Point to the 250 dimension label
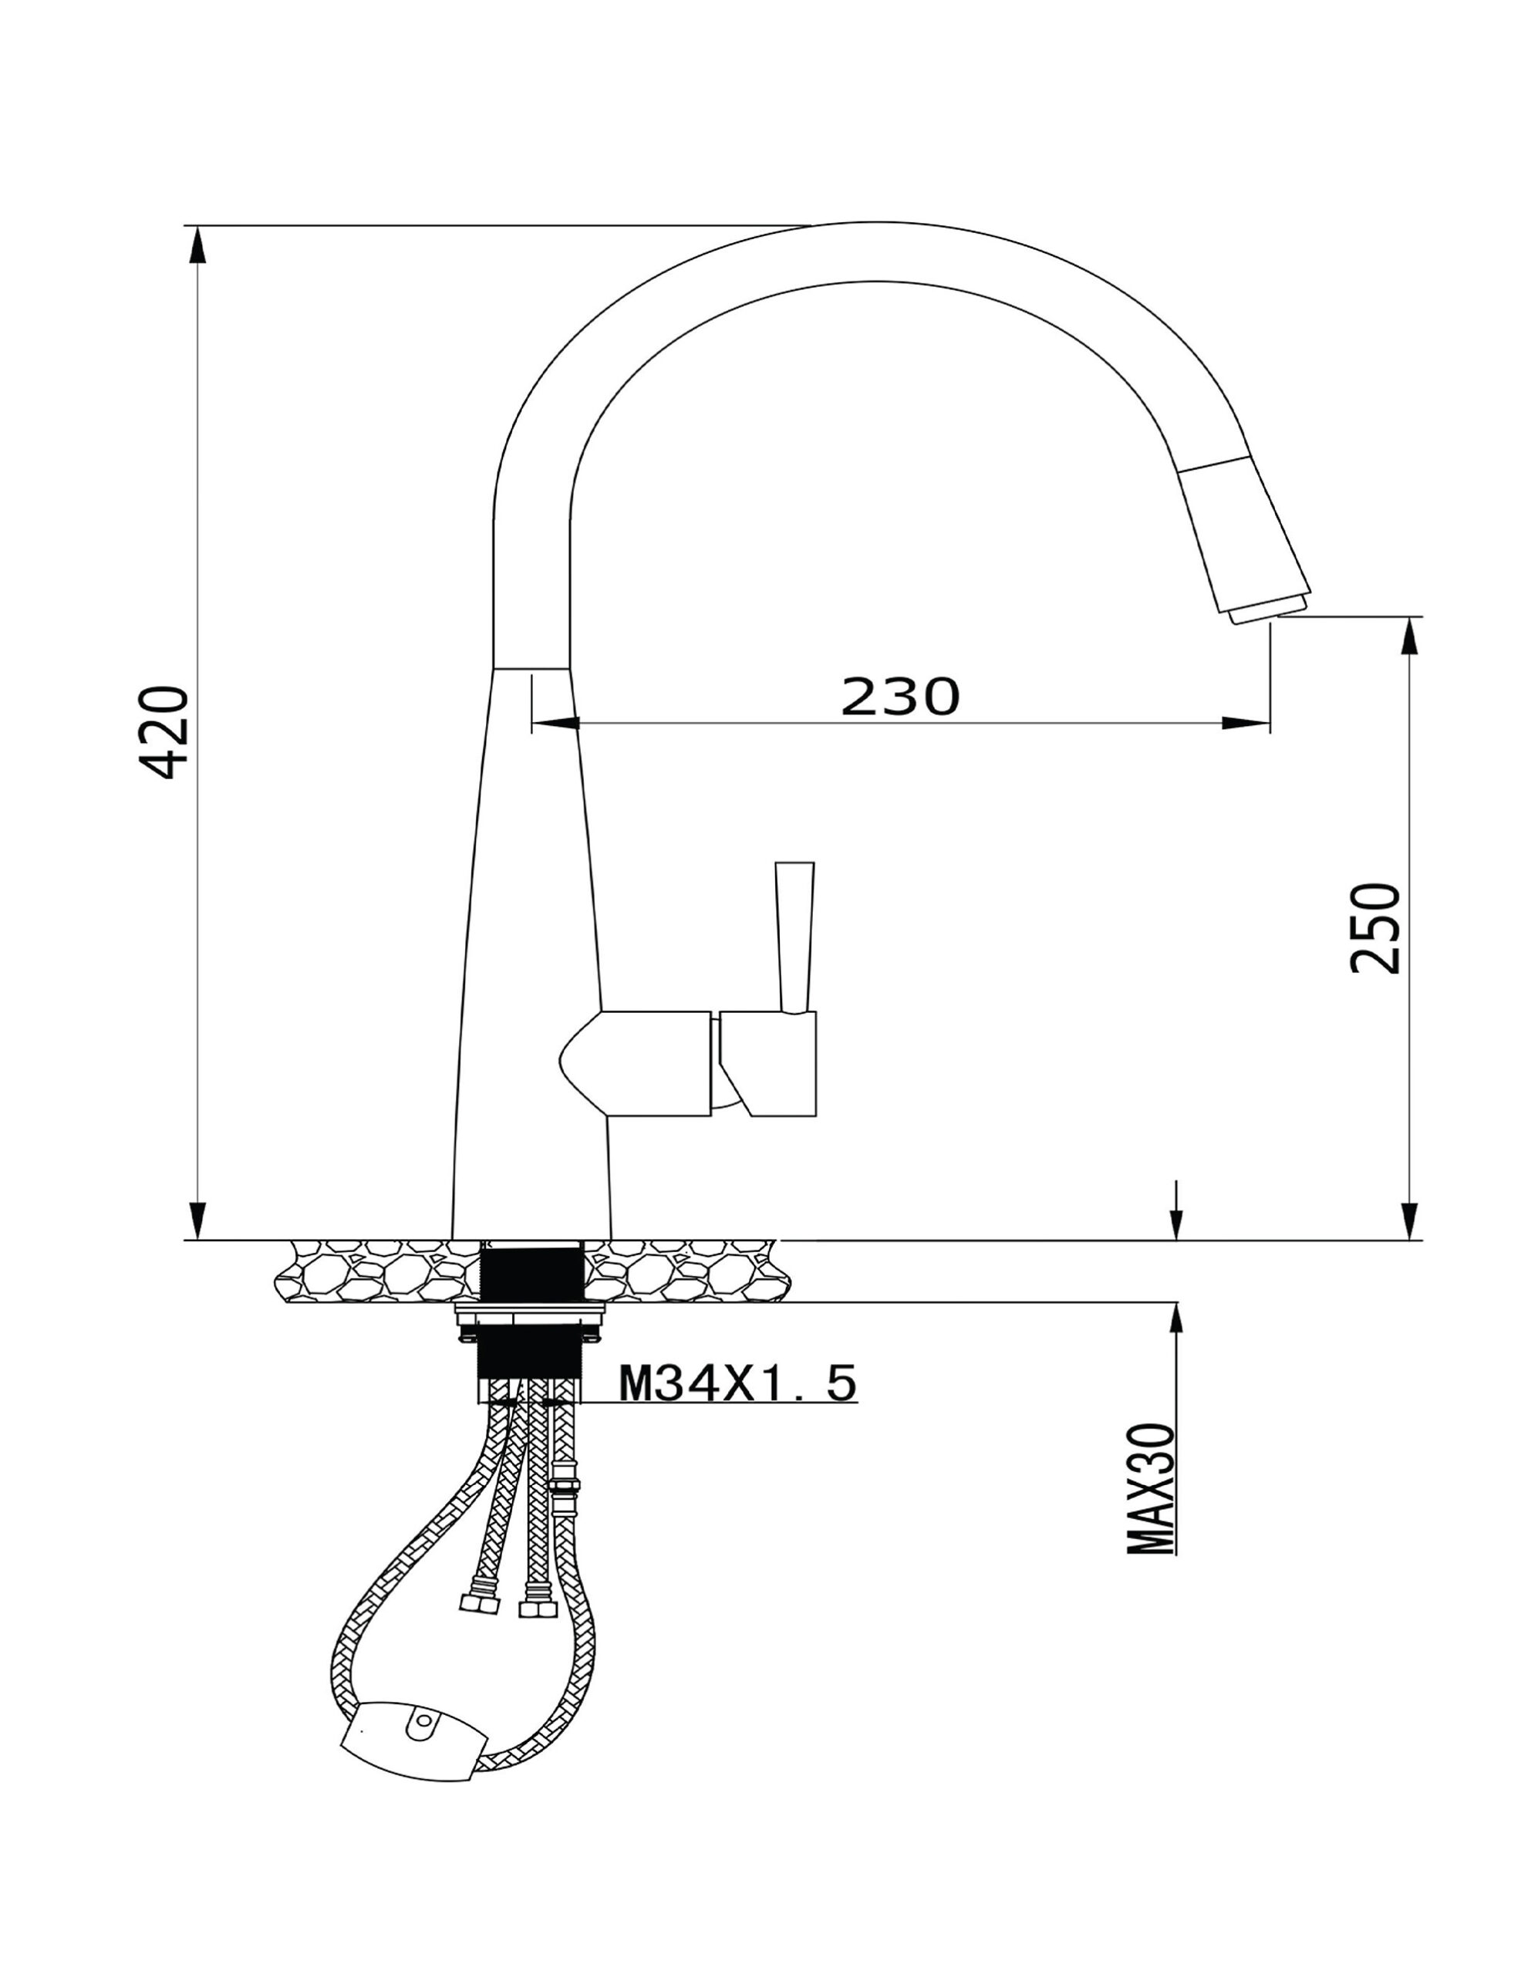(1374, 928)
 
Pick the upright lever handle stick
(794, 936)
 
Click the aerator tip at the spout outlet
(1267, 613)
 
